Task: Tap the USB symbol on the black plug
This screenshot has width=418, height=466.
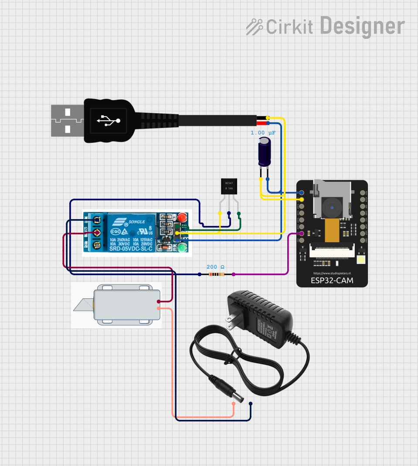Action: tap(107, 121)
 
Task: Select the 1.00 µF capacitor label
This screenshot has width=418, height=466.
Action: tap(263, 132)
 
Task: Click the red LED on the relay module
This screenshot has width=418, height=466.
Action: tap(182, 217)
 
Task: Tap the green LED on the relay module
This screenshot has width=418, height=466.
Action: tap(182, 248)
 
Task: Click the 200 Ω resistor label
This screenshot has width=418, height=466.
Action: tap(215, 267)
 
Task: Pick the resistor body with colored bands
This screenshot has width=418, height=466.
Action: tap(216, 274)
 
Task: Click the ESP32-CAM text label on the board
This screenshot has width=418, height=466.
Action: tap(332, 281)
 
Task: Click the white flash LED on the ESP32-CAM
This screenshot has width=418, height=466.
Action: tap(361, 261)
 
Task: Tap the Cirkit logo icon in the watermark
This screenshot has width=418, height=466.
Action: tap(254, 27)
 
